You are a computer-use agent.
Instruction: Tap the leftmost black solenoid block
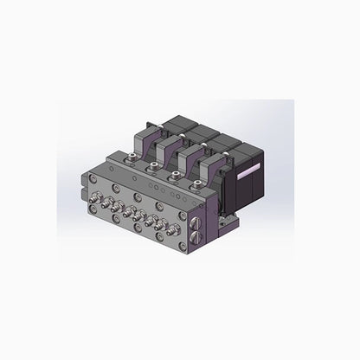(x=167, y=124)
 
